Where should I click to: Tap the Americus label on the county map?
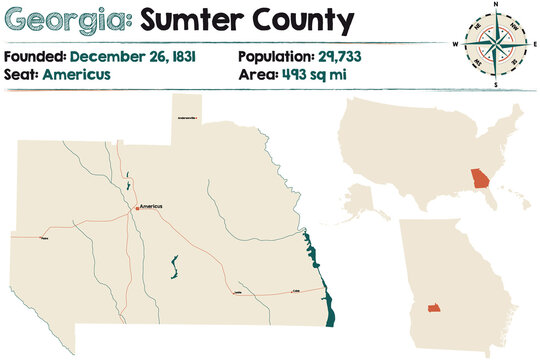click(x=151, y=206)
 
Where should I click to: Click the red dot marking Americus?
click(x=137, y=208)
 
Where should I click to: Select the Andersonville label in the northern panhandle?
click(x=187, y=118)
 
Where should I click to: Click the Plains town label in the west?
click(x=43, y=239)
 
